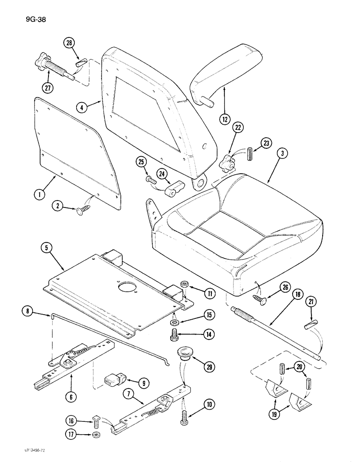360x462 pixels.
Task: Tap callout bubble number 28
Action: (70, 43)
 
